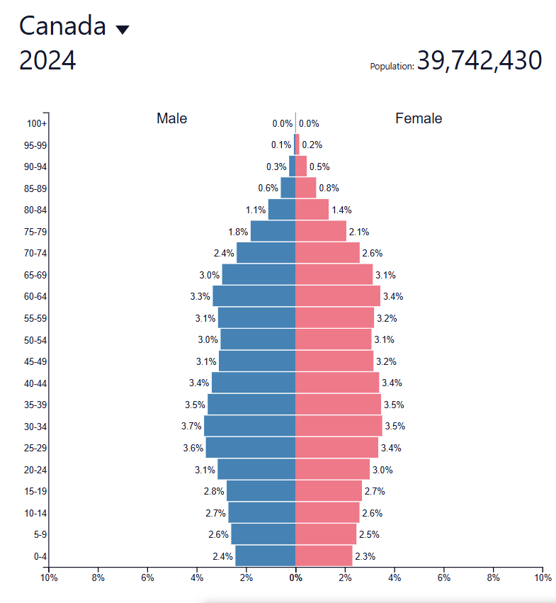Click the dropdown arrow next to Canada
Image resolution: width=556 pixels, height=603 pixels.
(x=123, y=29)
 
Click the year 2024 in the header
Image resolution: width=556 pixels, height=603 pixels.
(x=47, y=62)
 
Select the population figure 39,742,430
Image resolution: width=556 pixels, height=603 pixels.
(x=480, y=61)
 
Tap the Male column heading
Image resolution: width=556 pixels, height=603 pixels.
(x=172, y=118)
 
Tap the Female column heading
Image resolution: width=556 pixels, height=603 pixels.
(x=419, y=118)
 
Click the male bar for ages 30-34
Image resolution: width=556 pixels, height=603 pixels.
(x=249, y=426)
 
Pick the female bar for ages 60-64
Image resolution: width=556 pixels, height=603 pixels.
(x=337, y=296)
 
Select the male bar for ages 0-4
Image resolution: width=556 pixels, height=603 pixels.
(x=265, y=556)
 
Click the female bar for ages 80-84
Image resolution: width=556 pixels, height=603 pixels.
(x=312, y=210)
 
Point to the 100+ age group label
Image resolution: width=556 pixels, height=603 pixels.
(x=37, y=123)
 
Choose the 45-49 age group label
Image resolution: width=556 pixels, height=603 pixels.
(x=35, y=361)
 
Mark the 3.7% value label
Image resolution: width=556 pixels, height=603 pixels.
(x=191, y=427)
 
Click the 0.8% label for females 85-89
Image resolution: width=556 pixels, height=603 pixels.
(x=329, y=188)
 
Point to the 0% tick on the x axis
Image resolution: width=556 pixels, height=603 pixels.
(x=295, y=577)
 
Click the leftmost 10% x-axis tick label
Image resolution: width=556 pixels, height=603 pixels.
(x=48, y=577)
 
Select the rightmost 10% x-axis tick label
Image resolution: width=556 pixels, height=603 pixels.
(x=542, y=577)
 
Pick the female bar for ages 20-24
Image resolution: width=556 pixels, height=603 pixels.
(x=332, y=470)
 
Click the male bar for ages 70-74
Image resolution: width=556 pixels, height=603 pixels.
(x=266, y=253)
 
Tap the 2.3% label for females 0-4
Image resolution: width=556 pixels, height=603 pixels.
(x=365, y=556)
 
